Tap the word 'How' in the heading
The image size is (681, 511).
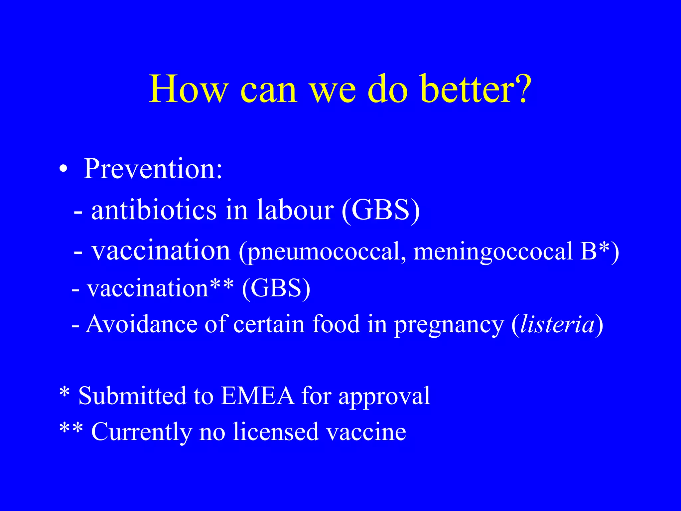tap(188, 89)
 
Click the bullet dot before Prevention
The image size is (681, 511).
tap(63, 170)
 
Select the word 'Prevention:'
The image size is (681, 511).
tap(153, 169)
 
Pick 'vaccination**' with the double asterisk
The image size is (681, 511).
tap(160, 288)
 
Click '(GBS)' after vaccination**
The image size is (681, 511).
tap(276, 288)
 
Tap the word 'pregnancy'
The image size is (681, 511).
tap(449, 324)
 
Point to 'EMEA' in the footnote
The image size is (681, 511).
tap(258, 396)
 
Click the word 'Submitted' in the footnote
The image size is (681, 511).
tap(132, 396)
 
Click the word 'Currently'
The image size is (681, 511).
tap(142, 432)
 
